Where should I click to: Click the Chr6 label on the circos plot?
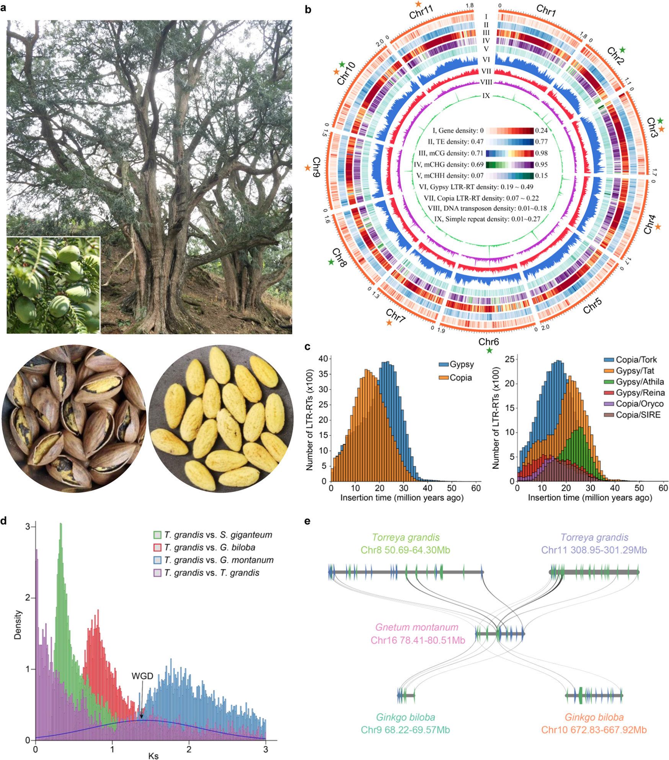coord(488,341)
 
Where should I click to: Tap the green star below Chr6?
coord(489,351)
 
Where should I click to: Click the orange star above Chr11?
coord(418,4)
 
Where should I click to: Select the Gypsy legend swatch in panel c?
coord(444,364)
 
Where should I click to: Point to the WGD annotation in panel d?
coord(142,676)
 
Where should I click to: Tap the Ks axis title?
coord(153,755)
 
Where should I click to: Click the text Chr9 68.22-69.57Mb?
coord(405,730)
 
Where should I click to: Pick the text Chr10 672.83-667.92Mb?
coord(594,730)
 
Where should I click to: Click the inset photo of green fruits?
coord(53,285)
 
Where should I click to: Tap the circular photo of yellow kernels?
coord(221,418)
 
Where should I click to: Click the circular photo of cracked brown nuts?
coord(74,418)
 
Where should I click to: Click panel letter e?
coord(307,521)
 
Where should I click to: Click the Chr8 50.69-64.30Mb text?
coord(405,550)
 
